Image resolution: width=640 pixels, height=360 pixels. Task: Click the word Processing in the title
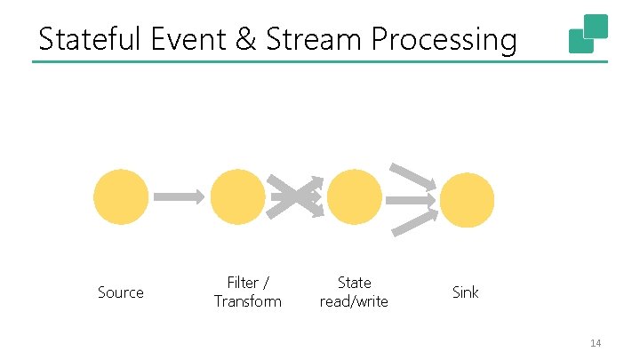point(444,41)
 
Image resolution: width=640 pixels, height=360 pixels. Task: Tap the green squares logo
point(588,34)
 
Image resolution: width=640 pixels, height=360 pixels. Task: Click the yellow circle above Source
point(121,197)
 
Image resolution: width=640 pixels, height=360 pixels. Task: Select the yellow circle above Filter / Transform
point(237,197)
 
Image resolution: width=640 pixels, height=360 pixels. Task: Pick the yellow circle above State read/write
point(355,197)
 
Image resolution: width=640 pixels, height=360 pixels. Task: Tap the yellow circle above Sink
point(467,200)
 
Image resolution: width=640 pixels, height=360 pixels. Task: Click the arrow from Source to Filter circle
point(179,197)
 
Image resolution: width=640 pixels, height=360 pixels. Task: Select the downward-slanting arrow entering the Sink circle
point(413,175)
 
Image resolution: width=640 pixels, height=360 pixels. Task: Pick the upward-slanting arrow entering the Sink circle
point(414,221)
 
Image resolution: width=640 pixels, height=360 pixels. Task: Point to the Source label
point(121,292)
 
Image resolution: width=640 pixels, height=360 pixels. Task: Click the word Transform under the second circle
point(247,301)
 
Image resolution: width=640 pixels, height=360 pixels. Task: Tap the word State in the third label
point(355,283)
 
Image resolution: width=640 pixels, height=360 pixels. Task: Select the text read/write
point(355,301)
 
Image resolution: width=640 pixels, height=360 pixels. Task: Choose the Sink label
point(466,292)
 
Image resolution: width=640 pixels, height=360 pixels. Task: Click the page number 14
point(596,342)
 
